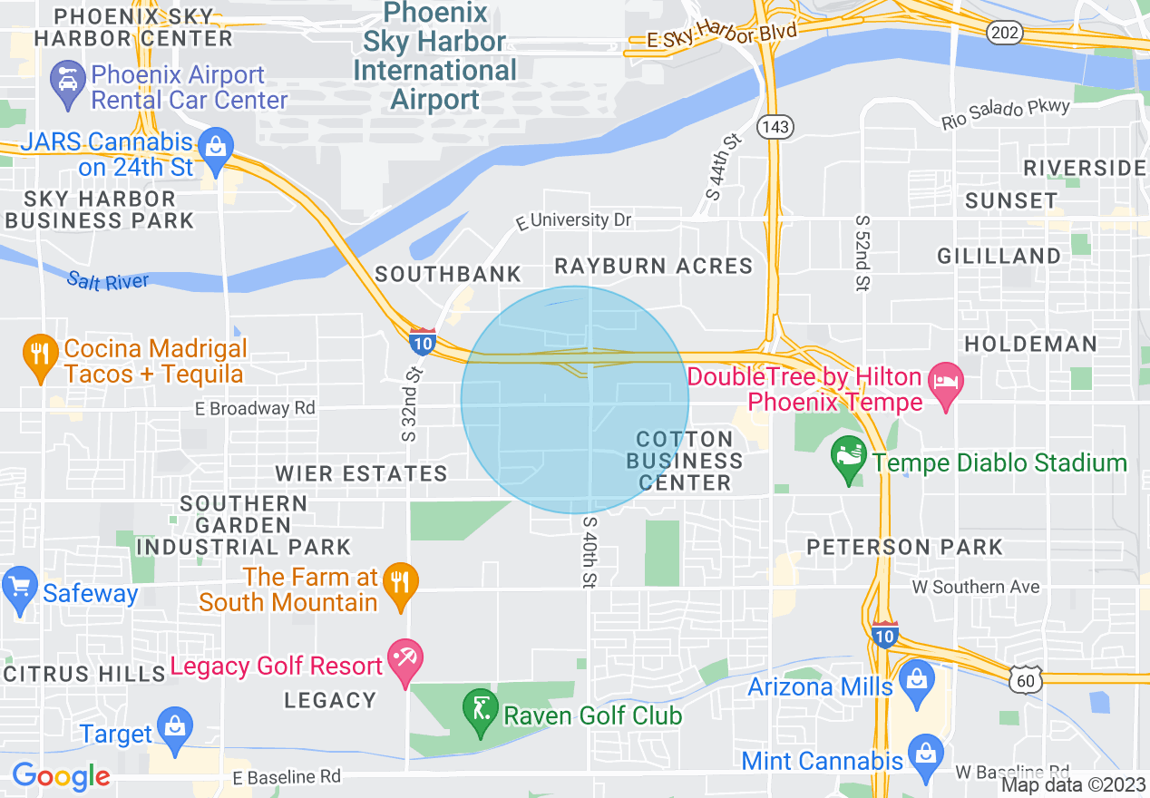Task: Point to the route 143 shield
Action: click(x=776, y=127)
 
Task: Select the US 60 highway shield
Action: click(x=1028, y=678)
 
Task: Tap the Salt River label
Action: click(x=108, y=281)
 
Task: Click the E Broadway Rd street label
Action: click(x=256, y=409)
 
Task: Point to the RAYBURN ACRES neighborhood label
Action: click(x=654, y=266)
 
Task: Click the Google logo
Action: click(x=61, y=776)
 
